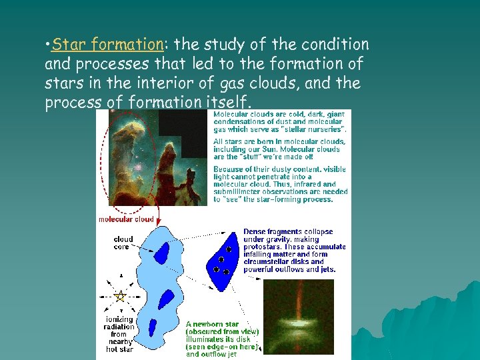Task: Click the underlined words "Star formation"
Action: point(107,45)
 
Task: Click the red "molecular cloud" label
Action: point(126,219)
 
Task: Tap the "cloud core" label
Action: point(123,243)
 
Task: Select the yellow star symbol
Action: point(120,296)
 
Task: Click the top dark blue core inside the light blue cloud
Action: point(162,253)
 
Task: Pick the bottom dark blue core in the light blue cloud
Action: point(153,327)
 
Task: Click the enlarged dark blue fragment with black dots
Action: point(223,261)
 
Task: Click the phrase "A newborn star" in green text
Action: point(213,324)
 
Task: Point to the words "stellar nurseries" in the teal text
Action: point(315,129)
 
